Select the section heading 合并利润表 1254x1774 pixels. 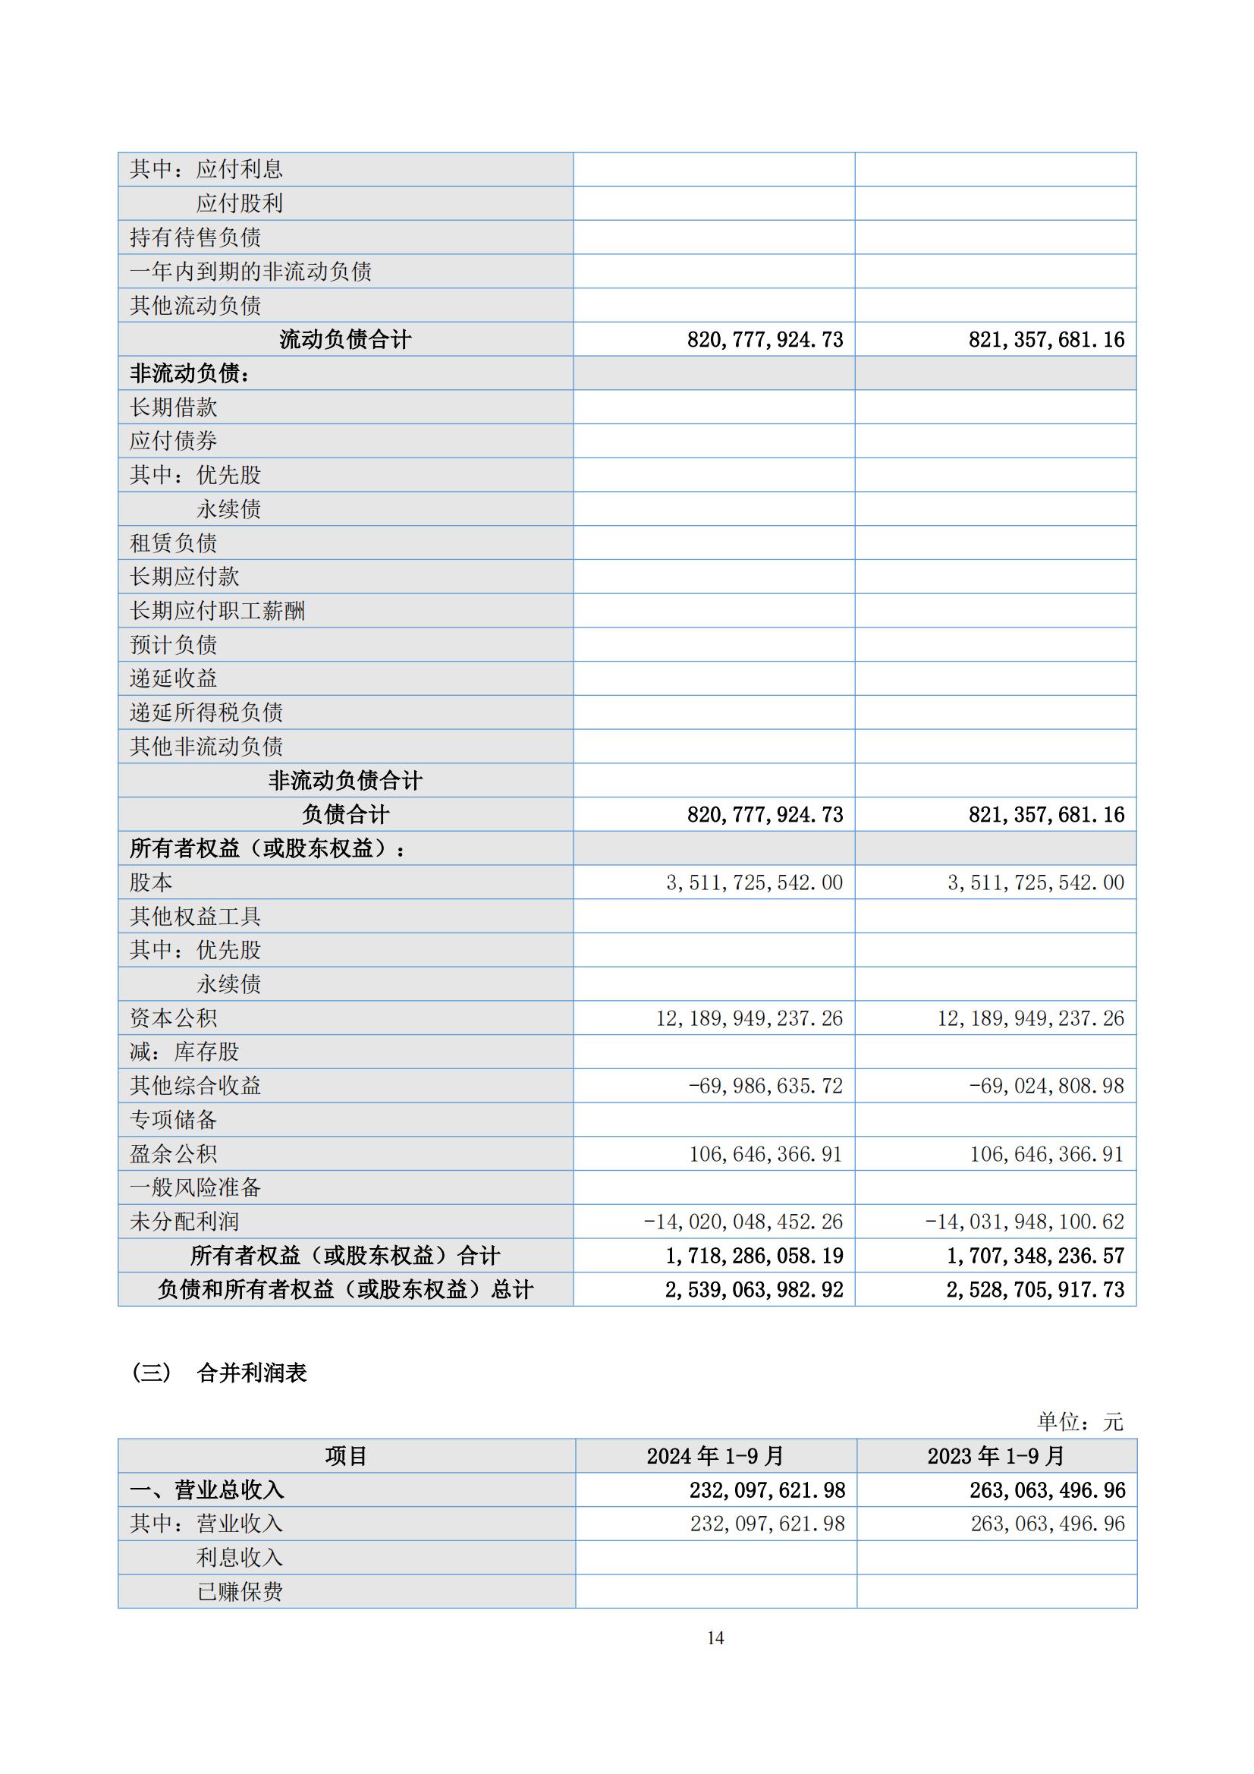[252, 1372]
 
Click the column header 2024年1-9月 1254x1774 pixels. [715, 1455]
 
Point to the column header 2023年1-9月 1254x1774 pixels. [996, 1455]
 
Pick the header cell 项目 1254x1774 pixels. [345, 1455]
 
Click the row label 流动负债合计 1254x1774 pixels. [345, 339]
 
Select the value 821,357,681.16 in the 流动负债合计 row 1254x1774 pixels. [1046, 339]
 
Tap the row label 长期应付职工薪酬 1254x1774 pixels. [217, 610]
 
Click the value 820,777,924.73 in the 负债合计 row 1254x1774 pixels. [765, 814]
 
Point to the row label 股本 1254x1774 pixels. [151, 882]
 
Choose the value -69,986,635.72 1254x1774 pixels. [765, 1086]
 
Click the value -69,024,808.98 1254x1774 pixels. [1046, 1086]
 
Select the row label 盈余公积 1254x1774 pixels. [173, 1153]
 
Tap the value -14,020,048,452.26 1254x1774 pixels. [743, 1222]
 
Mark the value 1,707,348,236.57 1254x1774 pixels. [1036, 1256]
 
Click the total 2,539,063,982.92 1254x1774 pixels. [754, 1290]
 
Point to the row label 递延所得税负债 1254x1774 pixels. [206, 712]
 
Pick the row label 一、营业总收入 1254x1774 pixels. [206, 1489]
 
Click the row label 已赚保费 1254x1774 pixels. [240, 1592]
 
